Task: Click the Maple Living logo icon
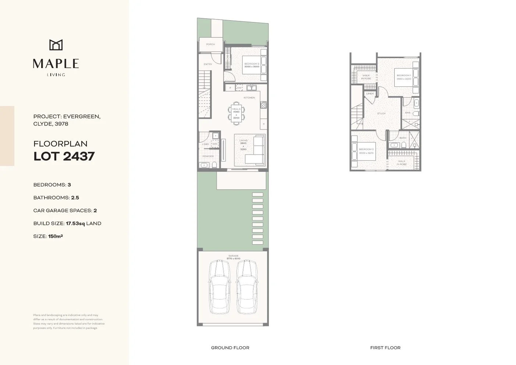click(56, 45)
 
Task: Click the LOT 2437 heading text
click(64, 156)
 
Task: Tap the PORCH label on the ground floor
click(210, 45)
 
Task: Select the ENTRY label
click(208, 64)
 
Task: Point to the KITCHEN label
click(249, 98)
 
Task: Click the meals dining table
click(236, 113)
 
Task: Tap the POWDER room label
click(208, 156)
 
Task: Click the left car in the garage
click(219, 288)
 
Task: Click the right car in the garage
click(246, 288)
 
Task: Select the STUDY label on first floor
click(381, 114)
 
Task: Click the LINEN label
click(370, 94)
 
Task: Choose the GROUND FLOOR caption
click(230, 348)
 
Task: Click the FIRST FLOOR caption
click(385, 348)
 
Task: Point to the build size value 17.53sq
click(75, 223)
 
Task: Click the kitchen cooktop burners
click(263, 105)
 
